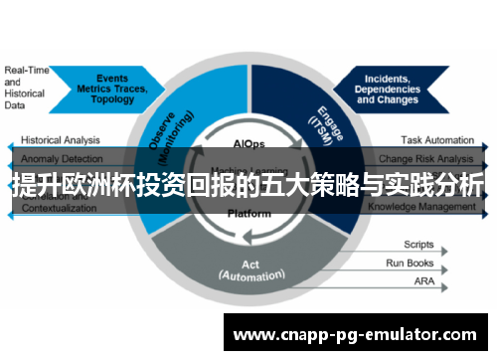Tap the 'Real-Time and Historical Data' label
coord(26,88)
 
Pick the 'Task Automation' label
coord(437,141)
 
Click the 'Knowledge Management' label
coord(422,207)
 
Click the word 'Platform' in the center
coord(248,212)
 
